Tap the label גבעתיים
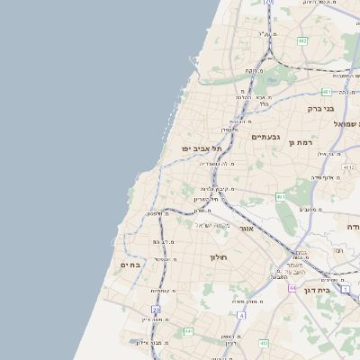265,137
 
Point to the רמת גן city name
300,142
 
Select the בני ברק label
320,108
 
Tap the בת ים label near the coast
130,265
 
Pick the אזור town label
245,229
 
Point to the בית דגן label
338,290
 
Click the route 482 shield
302,40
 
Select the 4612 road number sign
348,166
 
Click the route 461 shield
281,196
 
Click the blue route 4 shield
241,315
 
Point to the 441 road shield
188,331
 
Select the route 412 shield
264,343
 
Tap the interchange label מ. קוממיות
162,291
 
